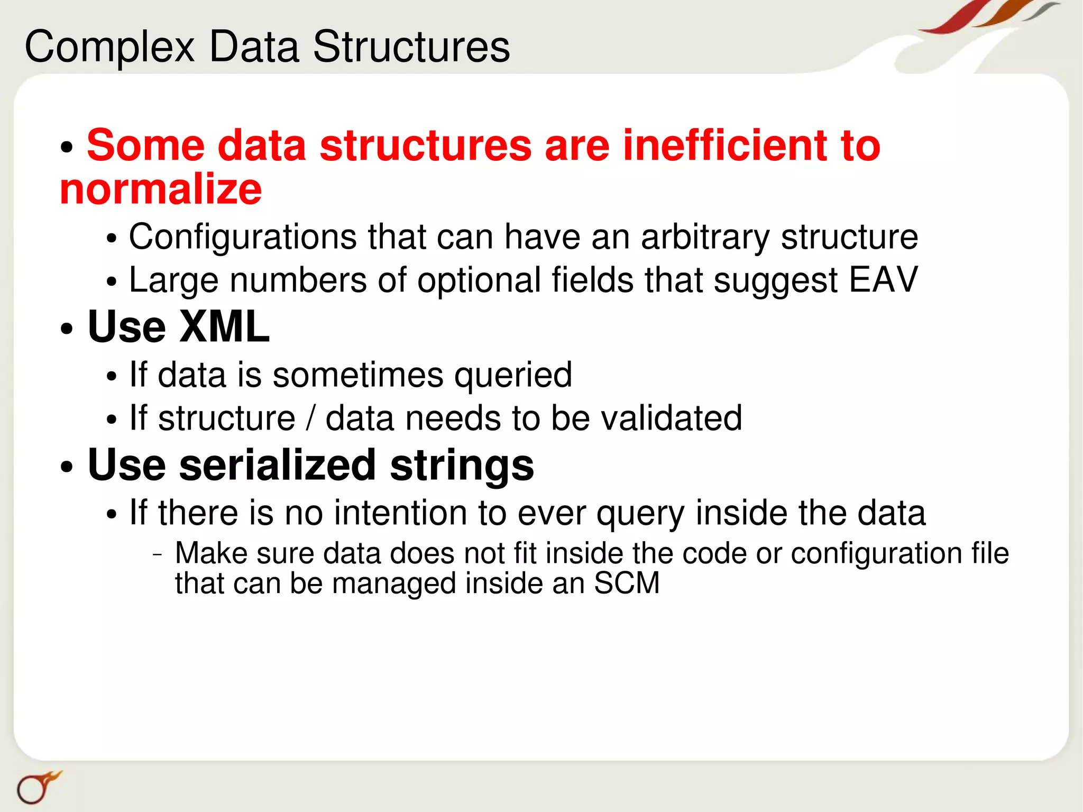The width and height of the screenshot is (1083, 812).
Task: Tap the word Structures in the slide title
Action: pyautogui.click(x=411, y=47)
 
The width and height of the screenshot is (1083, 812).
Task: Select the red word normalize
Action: pyautogui.click(x=161, y=189)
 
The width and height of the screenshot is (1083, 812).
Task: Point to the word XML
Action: pyautogui.click(x=224, y=326)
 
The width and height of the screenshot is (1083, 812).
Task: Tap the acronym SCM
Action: pyautogui.click(x=627, y=583)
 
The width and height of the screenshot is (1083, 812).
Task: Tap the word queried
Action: pyautogui.click(x=513, y=375)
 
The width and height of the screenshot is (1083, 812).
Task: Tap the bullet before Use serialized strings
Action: pyautogui.click(x=66, y=467)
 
